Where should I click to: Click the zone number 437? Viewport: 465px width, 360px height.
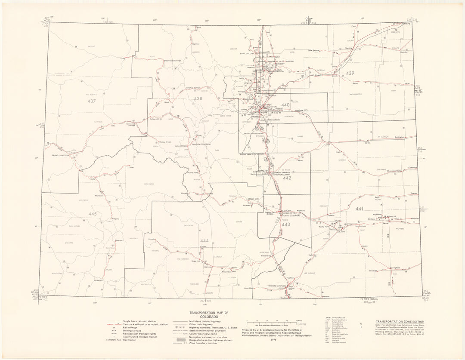[92, 101]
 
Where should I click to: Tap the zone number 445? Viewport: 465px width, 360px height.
[93, 214]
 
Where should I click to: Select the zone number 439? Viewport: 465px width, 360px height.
[350, 74]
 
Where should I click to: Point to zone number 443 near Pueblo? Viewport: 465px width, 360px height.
[286, 224]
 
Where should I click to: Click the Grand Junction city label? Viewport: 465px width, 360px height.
[61, 155]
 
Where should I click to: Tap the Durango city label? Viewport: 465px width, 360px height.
[99, 280]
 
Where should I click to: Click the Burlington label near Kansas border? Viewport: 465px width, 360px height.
[400, 137]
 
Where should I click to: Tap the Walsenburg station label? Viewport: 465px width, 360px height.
[266, 256]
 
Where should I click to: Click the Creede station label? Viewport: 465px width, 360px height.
[151, 239]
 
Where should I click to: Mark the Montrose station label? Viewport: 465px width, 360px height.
[99, 196]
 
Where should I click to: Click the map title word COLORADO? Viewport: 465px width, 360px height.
[209, 317]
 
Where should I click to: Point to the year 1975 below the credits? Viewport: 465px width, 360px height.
[273, 340]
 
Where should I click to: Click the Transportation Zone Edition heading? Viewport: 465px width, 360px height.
[400, 322]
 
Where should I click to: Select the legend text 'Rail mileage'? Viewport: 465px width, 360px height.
[130, 327]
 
